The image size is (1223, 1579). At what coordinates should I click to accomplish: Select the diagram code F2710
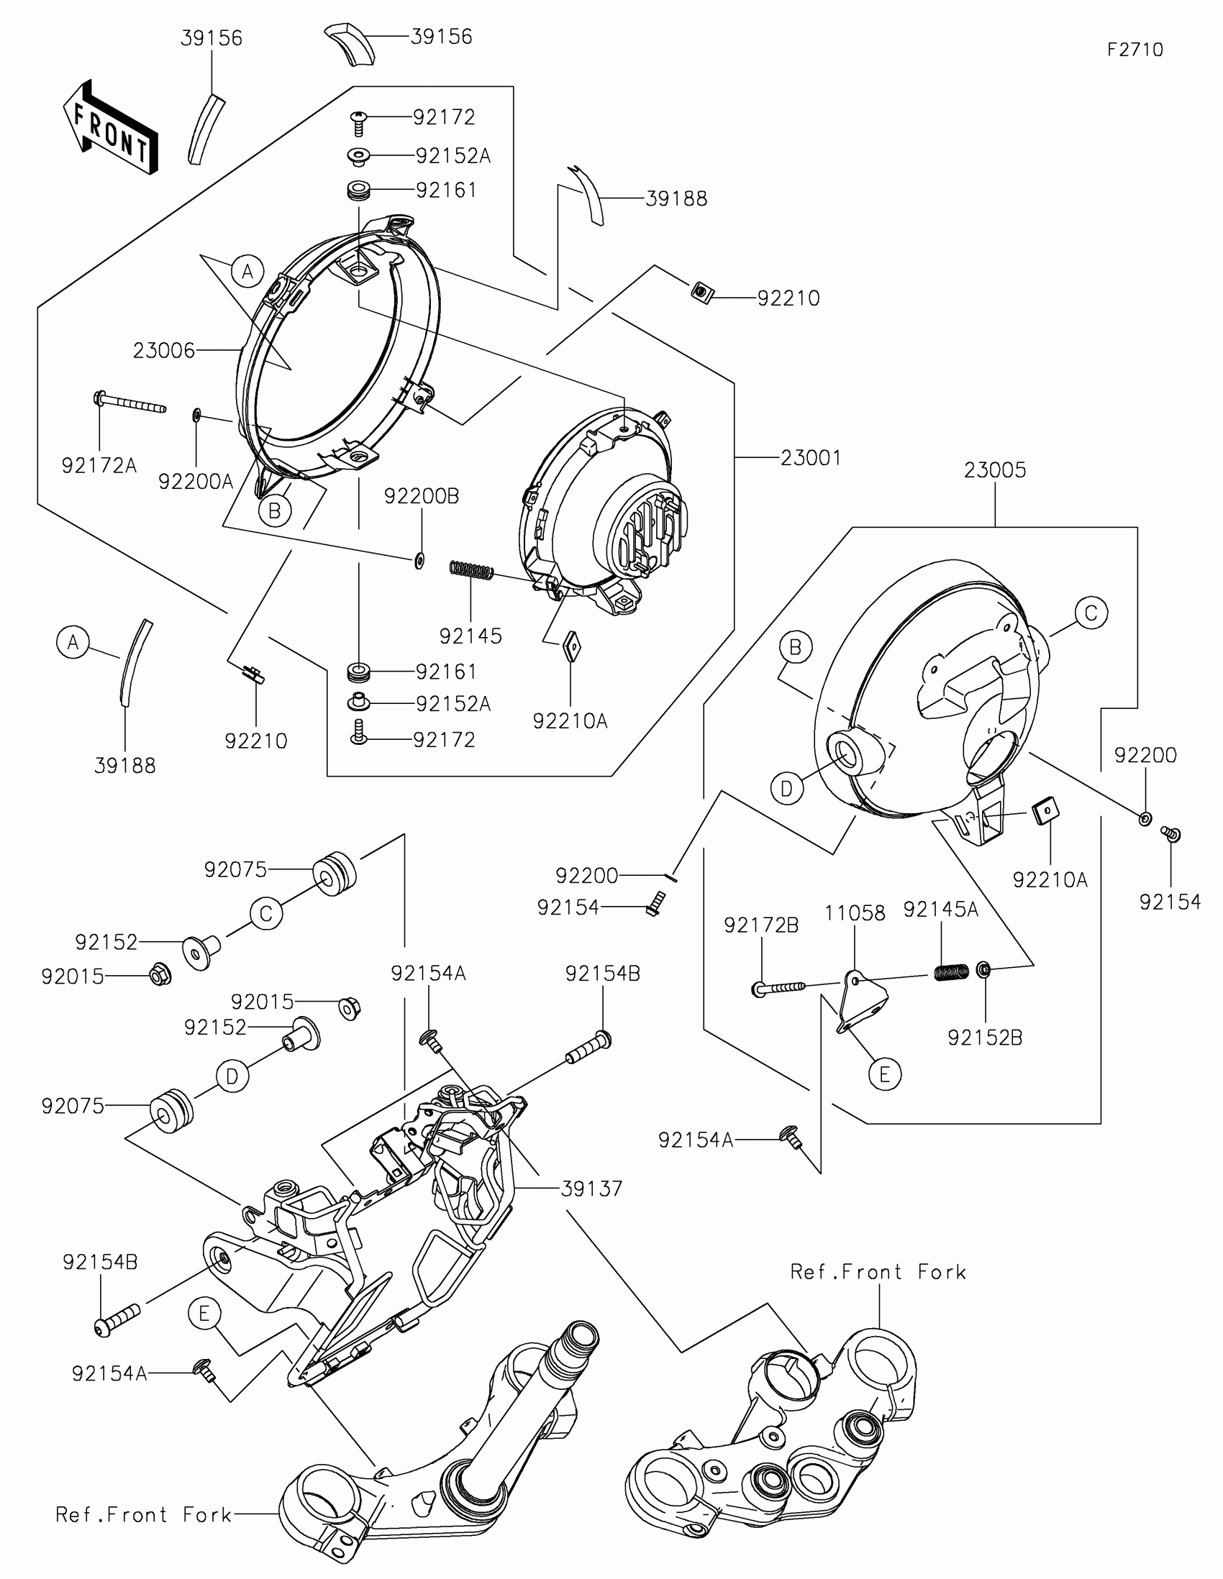tap(1135, 50)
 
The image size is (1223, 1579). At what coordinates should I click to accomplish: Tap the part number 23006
tap(164, 351)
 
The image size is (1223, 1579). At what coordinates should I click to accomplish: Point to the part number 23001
tap(811, 457)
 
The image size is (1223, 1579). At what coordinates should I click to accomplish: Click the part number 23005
tap(994, 470)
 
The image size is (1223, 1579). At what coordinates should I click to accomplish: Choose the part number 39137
tap(591, 1189)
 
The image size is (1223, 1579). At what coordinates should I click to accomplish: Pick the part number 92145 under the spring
tap(470, 636)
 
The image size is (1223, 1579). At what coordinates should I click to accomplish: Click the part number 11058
tap(855, 913)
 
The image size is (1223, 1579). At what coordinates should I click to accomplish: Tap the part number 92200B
tap(422, 497)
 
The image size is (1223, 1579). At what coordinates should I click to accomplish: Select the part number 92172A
tap(99, 466)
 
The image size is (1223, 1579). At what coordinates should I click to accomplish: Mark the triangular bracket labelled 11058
tap(863, 1001)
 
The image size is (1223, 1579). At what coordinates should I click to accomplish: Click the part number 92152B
tap(984, 1038)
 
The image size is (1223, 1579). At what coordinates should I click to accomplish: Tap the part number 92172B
tap(761, 925)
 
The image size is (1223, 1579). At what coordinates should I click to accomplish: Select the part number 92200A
tap(196, 481)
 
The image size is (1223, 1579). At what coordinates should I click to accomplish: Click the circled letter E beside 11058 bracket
tap(885, 1075)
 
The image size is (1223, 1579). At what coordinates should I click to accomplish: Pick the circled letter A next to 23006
tap(247, 272)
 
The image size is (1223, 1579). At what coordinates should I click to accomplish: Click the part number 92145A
tap(940, 910)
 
